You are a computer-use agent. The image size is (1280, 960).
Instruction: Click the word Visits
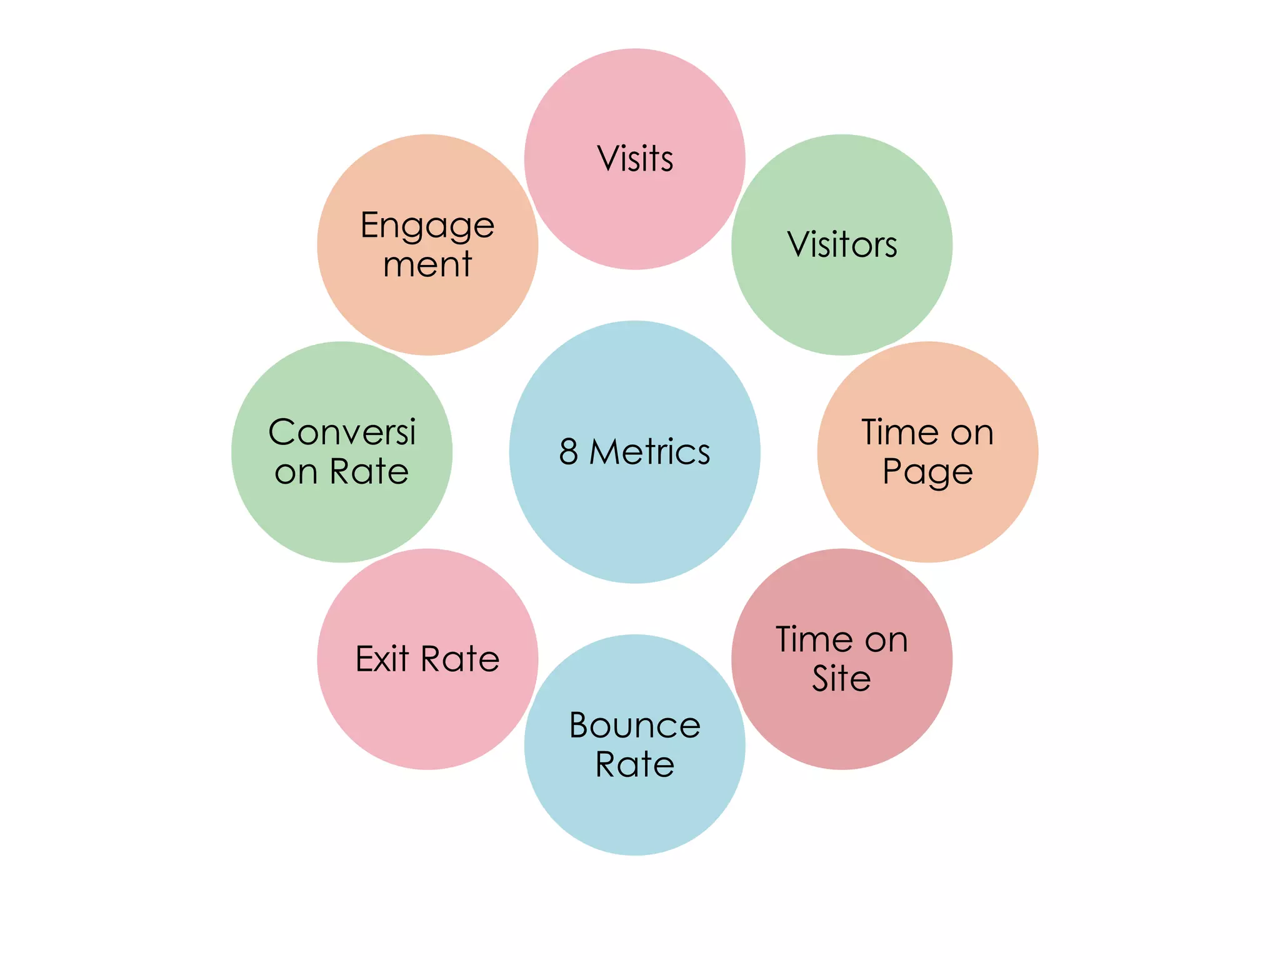point(635,159)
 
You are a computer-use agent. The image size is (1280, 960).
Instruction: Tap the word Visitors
point(842,244)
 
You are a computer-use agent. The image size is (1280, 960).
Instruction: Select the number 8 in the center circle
point(568,451)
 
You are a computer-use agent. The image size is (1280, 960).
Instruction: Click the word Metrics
point(650,451)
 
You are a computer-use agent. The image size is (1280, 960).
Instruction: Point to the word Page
point(927,472)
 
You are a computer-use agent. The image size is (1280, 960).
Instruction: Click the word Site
point(841,678)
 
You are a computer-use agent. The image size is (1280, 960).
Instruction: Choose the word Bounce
point(635,726)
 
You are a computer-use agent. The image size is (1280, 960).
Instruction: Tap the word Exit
point(382,659)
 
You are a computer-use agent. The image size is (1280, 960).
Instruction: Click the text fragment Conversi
point(342,432)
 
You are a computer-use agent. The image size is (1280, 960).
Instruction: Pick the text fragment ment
point(427,264)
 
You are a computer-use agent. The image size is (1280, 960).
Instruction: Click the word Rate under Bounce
point(635,764)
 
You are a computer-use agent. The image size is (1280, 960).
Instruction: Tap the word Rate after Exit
point(460,659)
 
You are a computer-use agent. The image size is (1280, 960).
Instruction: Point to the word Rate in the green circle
point(369,471)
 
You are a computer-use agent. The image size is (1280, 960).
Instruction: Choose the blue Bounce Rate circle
point(635,812)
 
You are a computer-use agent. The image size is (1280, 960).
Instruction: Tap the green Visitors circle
point(842,300)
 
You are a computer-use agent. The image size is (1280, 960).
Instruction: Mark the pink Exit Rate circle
point(427,719)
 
